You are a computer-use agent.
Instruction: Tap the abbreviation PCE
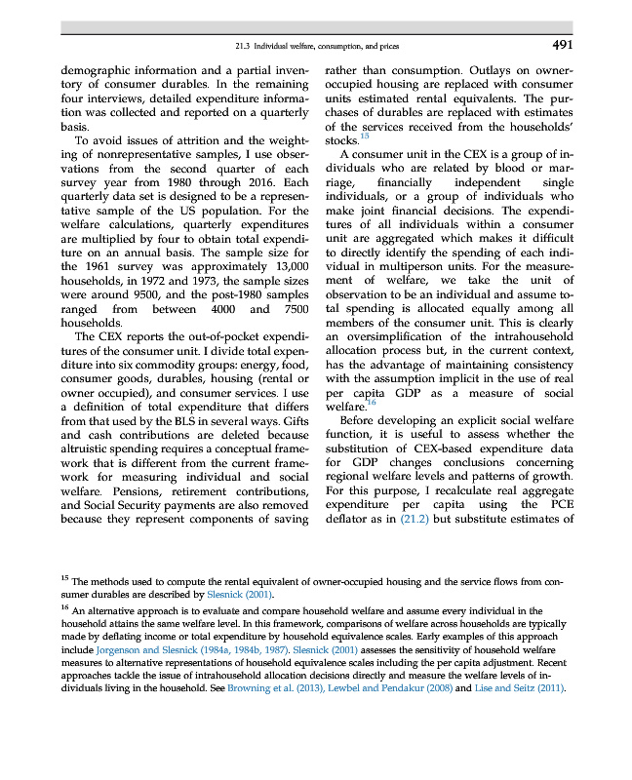pos(559,505)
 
